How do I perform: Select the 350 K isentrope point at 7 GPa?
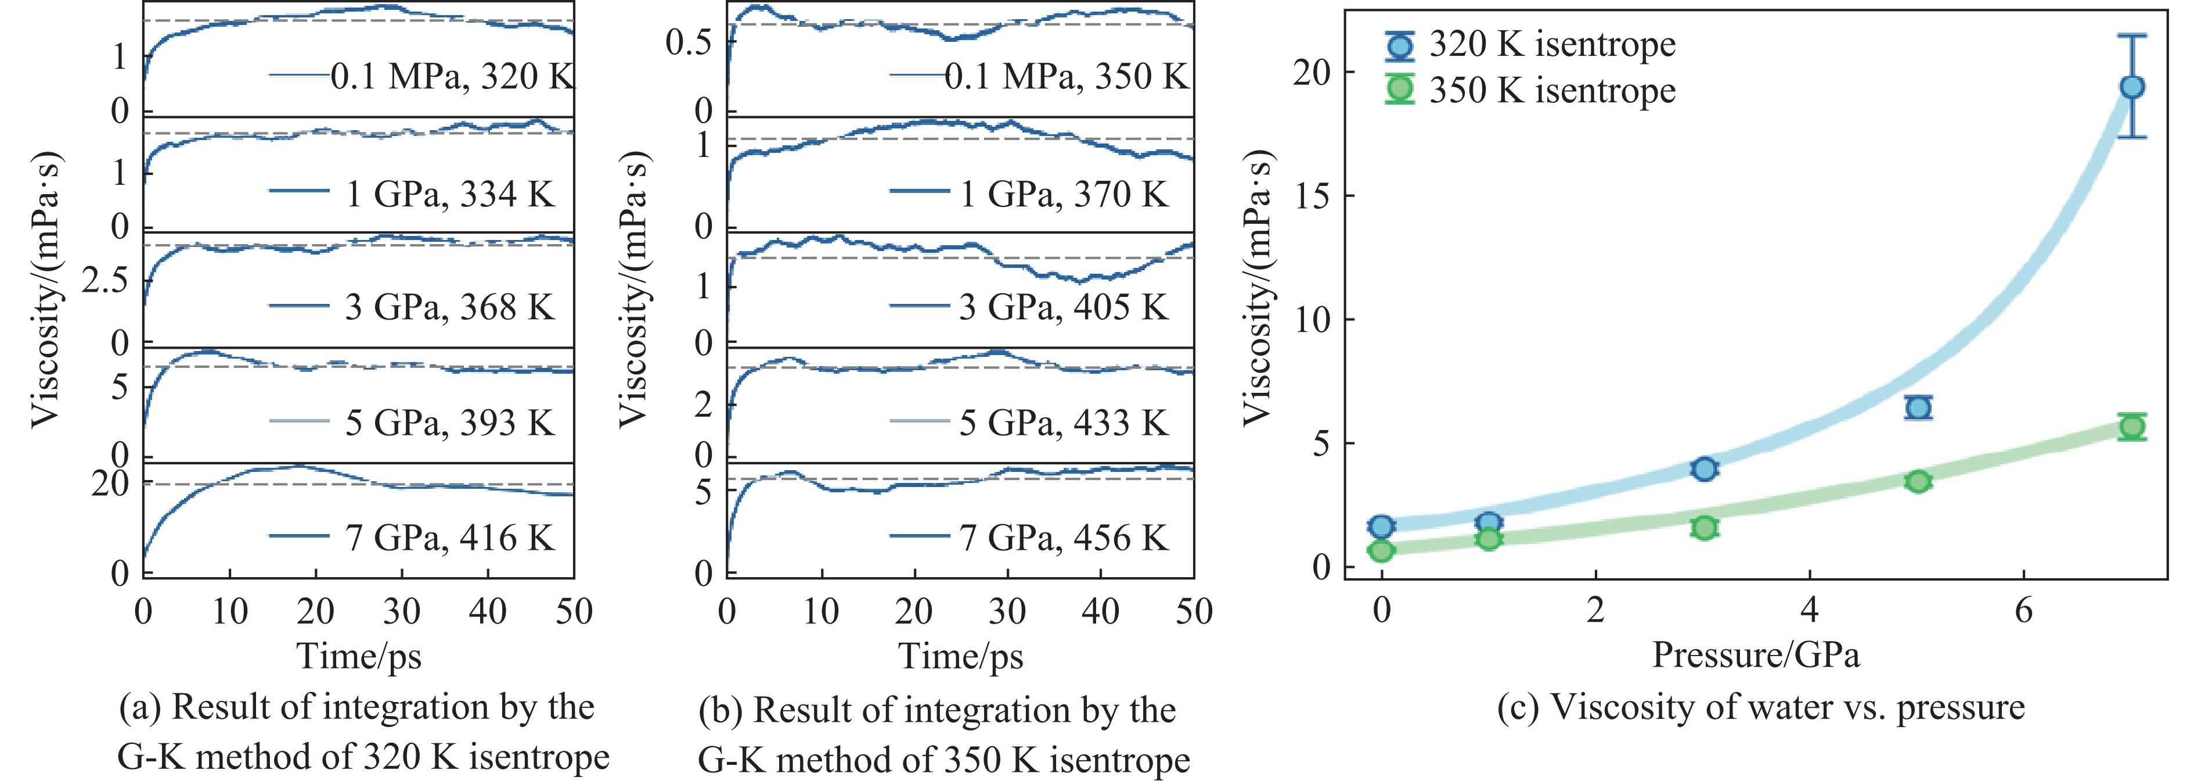point(2132,427)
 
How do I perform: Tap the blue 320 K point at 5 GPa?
point(1918,407)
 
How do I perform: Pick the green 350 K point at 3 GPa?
point(1704,528)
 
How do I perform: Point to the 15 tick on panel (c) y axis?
point(1313,196)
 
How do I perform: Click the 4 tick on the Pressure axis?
point(1809,610)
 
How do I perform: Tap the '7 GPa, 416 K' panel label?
point(449,538)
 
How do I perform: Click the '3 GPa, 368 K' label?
point(449,307)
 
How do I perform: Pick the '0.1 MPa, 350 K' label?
point(1067,77)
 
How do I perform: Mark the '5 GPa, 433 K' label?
point(1063,423)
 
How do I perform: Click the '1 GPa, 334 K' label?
point(449,194)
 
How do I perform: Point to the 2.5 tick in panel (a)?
point(105,281)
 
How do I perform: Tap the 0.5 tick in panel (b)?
point(688,42)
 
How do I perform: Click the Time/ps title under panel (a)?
point(359,656)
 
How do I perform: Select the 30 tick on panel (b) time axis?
point(1007,611)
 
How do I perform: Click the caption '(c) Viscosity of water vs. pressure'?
point(1760,707)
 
